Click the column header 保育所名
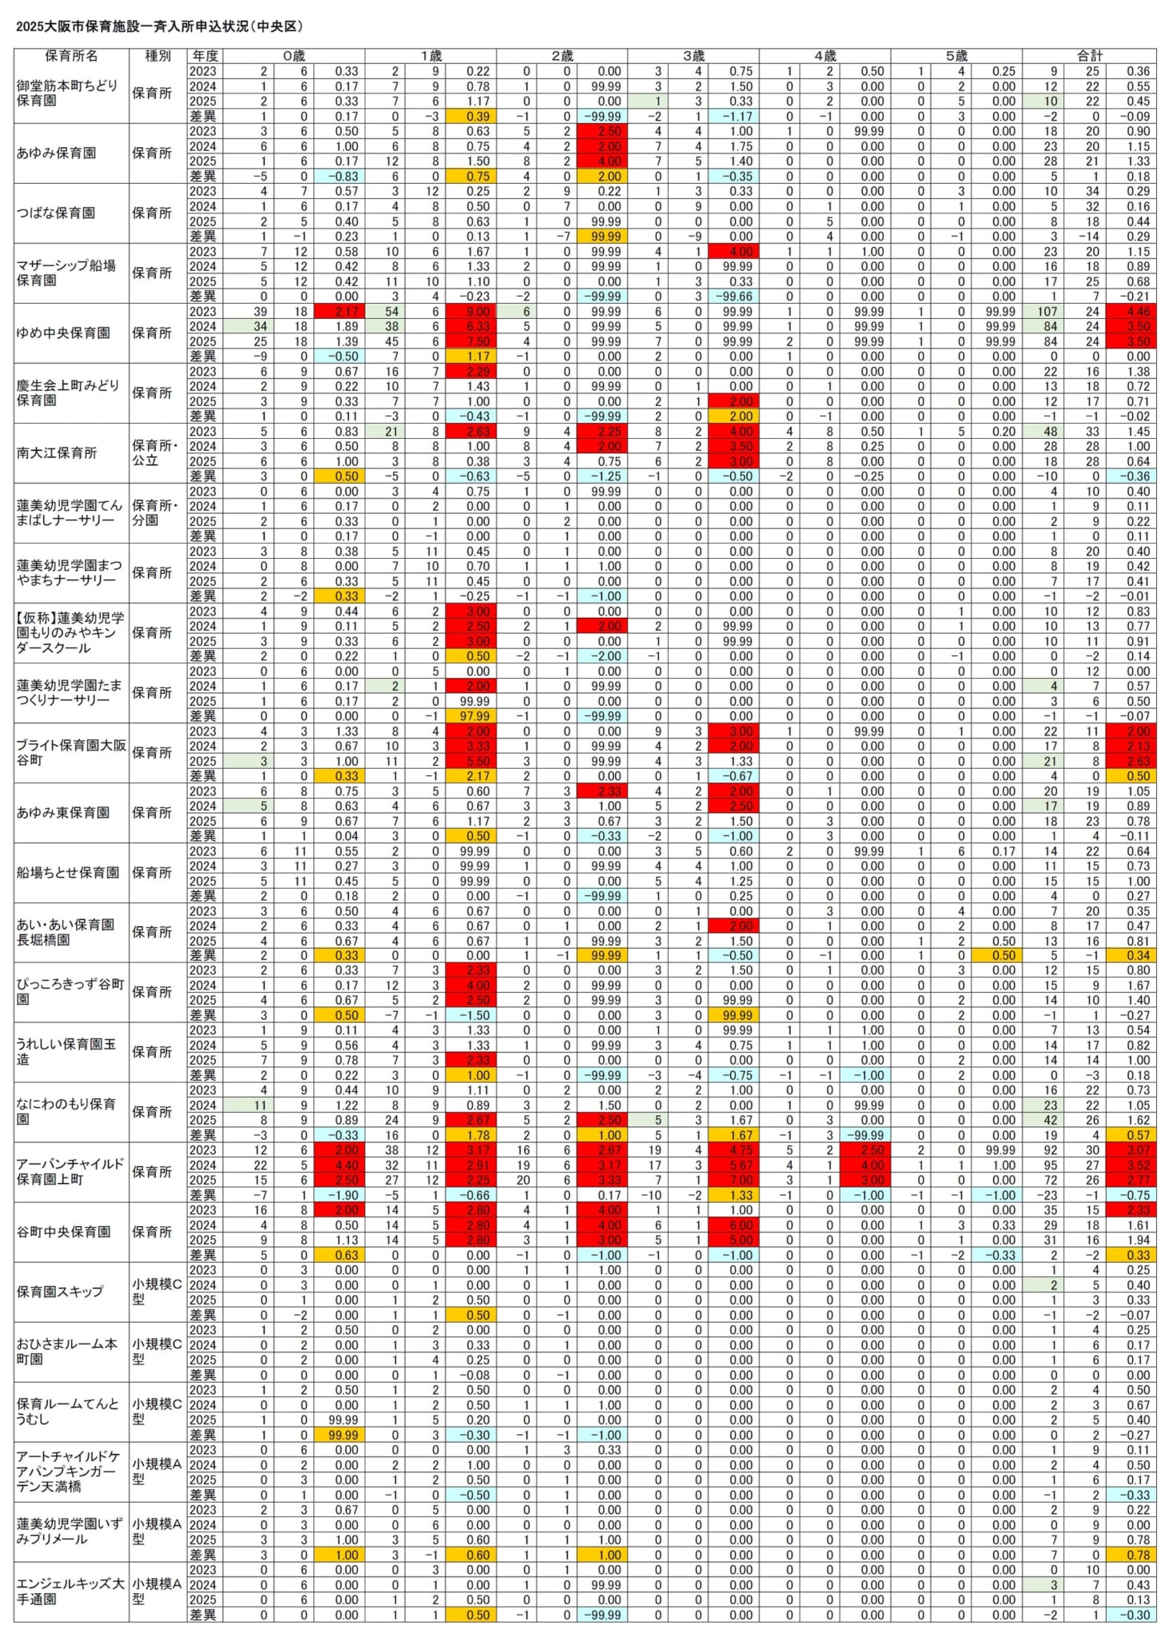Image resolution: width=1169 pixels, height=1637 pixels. [71, 56]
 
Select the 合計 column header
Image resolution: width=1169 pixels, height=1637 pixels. [1088, 56]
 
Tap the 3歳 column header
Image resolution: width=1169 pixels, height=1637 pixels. [693, 56]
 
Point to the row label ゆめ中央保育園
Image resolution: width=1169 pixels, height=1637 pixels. [63, 333]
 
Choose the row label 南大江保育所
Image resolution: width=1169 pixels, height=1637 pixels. [57, 453]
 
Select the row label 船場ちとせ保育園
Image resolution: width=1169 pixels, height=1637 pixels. [68, 873]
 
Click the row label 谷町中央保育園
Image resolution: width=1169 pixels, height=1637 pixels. [63, 1233]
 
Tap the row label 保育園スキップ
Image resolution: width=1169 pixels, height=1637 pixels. [60, 1292]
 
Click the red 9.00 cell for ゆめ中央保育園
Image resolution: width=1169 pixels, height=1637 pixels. [477, 312]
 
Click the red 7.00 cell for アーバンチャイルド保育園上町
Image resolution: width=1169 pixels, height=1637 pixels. [740, 1181]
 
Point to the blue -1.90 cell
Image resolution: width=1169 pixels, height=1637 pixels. [345, 1196]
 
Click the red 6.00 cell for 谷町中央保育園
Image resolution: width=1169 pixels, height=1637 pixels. [740, 1225]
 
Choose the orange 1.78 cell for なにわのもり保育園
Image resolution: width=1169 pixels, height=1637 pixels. [477, 1136]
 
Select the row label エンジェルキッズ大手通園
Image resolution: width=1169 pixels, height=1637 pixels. [70, 1591]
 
